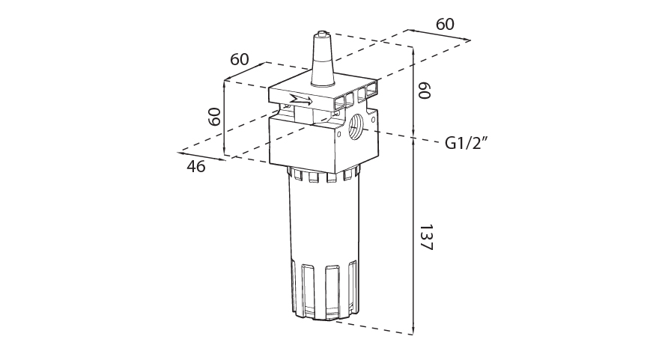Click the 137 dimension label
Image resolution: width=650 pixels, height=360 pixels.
(x=426, y=238)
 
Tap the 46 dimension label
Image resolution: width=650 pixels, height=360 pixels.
(x=195, y=167)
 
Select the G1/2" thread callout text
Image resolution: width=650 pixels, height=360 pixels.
(x=467, y=144)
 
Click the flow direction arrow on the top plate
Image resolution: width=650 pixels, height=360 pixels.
(x=301, y=100)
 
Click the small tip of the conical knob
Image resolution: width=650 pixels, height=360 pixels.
(x=322, y=33)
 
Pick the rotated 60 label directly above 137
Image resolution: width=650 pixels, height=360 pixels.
(x=425, y=91)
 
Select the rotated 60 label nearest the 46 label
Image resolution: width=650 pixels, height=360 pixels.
(x=214, y=117)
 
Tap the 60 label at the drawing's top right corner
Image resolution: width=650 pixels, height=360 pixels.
(x=445, y=25)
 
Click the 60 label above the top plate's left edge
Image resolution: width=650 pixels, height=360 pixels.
(x=240, y=60)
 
